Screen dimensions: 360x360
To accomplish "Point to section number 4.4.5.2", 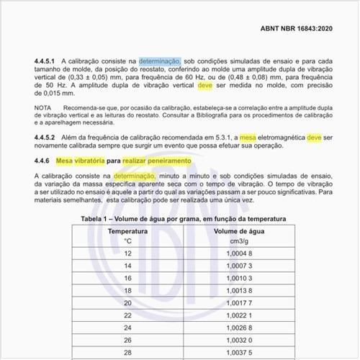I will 47,136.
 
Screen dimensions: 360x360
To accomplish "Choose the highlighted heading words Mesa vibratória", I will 79,161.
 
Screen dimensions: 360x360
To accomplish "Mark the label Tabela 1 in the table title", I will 97,219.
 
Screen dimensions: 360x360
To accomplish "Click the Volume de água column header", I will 243,231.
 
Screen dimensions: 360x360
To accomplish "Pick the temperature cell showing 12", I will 128,253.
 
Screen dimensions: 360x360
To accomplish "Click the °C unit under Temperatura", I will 128,241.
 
